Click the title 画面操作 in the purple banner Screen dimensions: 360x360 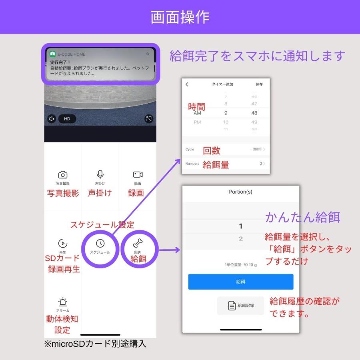click(x=180, y=17)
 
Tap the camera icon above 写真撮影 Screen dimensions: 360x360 click(x=63, y=175)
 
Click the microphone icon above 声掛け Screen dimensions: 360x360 click(x=100, y=174)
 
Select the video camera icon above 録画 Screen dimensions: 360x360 click(x=138, y=174)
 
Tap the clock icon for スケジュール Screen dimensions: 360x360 click(x=100, y=243)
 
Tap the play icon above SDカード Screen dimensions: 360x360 click(x=63, y=243)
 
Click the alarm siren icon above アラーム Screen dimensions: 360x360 click(x=62, y=302)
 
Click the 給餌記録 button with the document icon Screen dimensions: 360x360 click(x=241, y=306)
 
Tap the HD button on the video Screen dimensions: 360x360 click(x=67, y=119)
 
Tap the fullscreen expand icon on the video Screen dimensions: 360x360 click(x=149, y=119)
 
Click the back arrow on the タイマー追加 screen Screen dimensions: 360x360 click(x=187, y=84)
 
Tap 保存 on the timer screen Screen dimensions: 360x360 click(x=259, y=84)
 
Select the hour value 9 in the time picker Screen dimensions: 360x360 click(x=226, y=113)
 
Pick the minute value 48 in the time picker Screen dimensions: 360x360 click(x=254, y=113)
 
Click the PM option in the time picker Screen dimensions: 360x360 click(x=197, y=122)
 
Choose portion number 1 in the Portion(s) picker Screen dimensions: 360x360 click(x=240, y=226)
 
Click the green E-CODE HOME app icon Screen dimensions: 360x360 click(x=52, y=54)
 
